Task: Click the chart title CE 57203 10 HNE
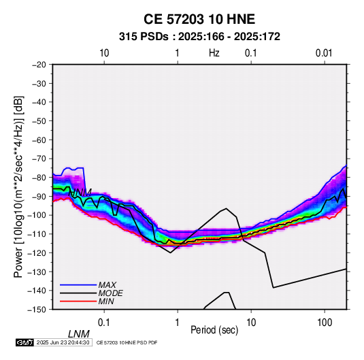[199, 19]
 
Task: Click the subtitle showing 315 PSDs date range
[199, 37]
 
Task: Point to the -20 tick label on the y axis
[39, 65]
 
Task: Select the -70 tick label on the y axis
[39, 159]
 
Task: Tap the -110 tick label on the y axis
[37, 234]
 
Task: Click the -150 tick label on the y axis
[37, 310]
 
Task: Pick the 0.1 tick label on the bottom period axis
[104, 323]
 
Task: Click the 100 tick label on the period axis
[325, 323]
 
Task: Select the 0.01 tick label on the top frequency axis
[324, 53]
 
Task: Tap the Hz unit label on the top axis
[214, 53]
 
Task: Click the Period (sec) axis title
[214, 330]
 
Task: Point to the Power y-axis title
[18, 186]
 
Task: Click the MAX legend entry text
[107, 285]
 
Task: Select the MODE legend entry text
[110, 293]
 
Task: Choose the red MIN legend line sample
[78, 301]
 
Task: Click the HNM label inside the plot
[80, 193]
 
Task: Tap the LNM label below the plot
[79, 334]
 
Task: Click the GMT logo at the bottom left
[25, 342]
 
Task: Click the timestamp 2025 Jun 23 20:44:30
[63, 342]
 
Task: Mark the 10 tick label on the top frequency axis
[104, 53]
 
